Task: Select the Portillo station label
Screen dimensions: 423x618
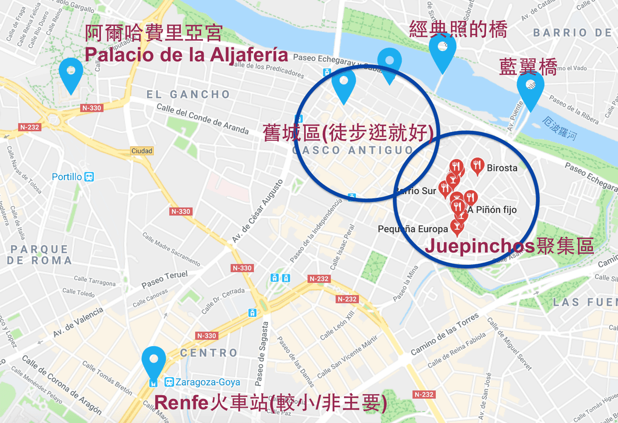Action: (67, 177)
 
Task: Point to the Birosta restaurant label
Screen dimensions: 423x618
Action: (502, 167)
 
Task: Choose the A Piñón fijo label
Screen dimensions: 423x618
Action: (492, 210)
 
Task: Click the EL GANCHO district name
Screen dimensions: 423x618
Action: (188, 94)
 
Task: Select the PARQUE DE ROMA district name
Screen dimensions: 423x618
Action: (39, 255)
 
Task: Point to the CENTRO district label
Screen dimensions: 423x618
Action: (209, 353)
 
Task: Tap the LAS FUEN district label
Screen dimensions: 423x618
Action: (585, 302)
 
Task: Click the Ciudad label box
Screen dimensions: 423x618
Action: (142, 151)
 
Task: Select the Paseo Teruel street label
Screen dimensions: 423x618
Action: (165, 279)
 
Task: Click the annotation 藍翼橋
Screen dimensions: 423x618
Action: (528, 67)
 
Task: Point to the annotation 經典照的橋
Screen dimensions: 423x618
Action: (458, 29)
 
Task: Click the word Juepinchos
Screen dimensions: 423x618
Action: (479, 246)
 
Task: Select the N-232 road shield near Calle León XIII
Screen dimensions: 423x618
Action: (346, 299)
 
